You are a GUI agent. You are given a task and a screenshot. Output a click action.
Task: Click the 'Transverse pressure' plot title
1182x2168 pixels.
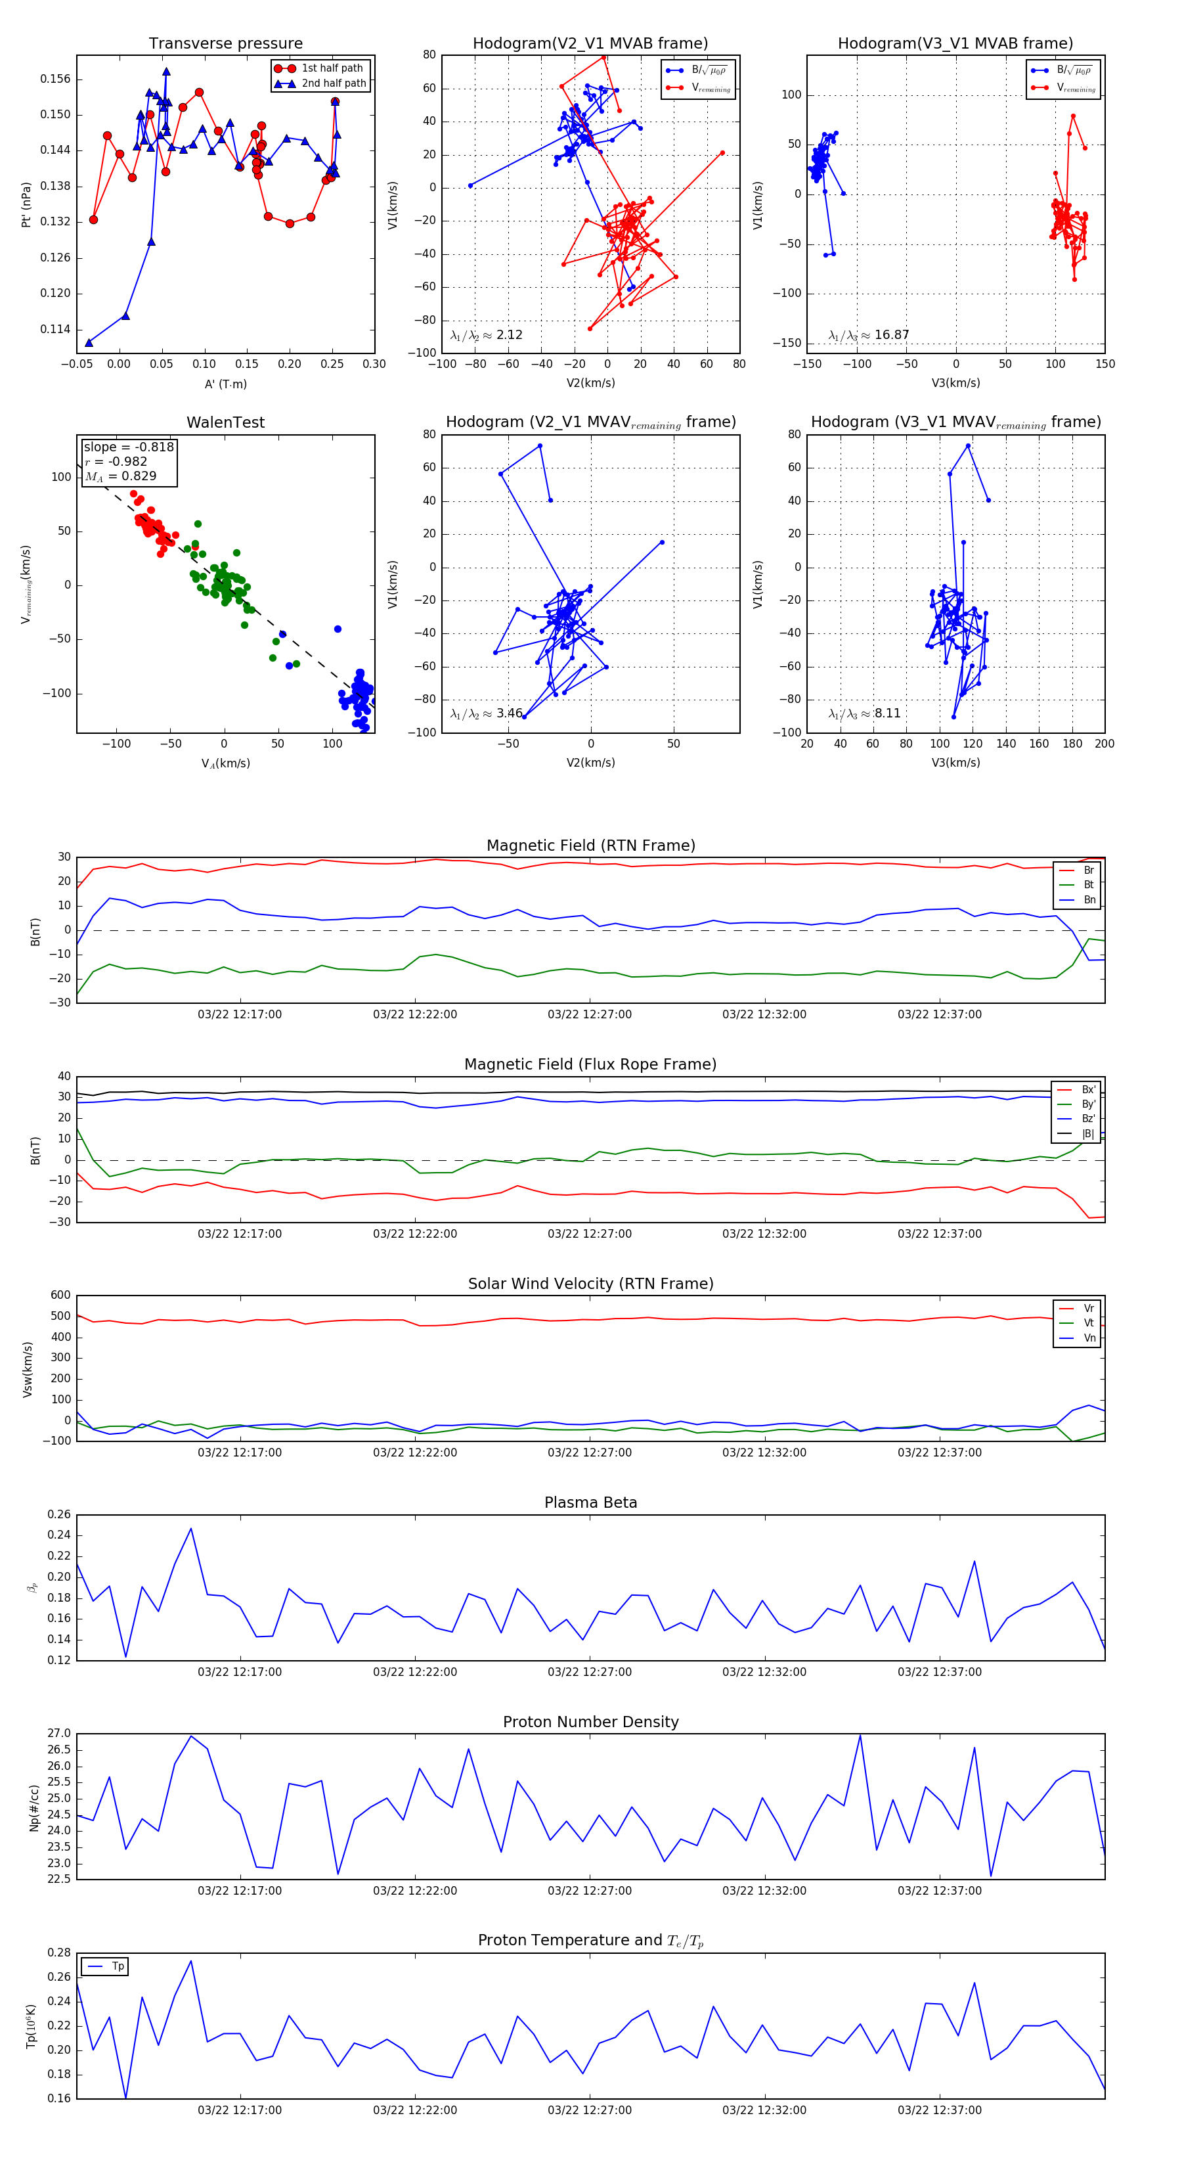[x=225, y=44]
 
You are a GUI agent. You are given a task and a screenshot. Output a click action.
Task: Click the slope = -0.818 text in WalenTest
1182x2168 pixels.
[x=129, y=447]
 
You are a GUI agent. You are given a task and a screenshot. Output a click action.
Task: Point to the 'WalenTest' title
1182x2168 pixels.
[x=225, y=422]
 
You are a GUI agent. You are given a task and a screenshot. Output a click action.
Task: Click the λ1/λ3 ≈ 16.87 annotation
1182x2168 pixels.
[x=868, y=335]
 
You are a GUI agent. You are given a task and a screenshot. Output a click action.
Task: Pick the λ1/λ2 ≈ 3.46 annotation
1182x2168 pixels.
[x=486, y=713]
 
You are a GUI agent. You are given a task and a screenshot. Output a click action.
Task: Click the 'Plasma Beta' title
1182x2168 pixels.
[x=590, y=1503]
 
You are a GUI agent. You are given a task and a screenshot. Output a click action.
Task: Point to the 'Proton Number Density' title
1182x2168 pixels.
[x=590, y=1722]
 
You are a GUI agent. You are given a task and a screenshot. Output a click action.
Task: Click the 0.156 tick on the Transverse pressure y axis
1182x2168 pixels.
[x=56, y=79]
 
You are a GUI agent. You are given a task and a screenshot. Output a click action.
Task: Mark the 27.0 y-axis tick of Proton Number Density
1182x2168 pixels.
[x=59, y=1734]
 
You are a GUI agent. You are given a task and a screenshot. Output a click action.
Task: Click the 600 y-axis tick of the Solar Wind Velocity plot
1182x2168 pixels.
[x=60, y=1296]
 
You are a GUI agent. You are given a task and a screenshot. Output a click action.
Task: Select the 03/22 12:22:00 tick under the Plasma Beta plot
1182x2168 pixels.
[x=415, y=1671]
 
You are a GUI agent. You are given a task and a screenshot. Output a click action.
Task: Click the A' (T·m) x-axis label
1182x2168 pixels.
[x=225, y=384]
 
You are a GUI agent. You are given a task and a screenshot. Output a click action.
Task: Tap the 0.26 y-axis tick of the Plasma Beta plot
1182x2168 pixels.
[x=59, y=1514]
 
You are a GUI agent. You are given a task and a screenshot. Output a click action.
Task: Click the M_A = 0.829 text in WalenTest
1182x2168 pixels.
[x=120, y=476]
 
